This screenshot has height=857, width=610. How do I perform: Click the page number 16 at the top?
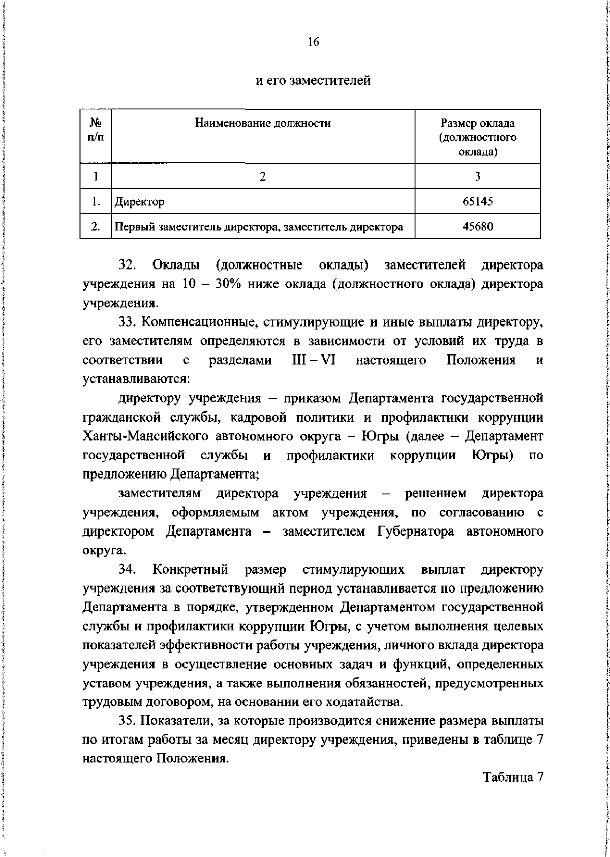point(312,43)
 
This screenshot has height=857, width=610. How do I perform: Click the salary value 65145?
point(477,202)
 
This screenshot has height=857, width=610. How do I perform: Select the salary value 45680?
point(477,227)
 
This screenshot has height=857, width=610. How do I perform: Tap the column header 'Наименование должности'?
point(263,123)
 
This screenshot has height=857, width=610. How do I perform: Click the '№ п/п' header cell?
point(95,131)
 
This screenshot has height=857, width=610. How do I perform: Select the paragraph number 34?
point(127,570)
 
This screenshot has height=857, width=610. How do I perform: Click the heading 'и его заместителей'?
point(312,80)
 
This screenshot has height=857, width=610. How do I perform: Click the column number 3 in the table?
point(477,176)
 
